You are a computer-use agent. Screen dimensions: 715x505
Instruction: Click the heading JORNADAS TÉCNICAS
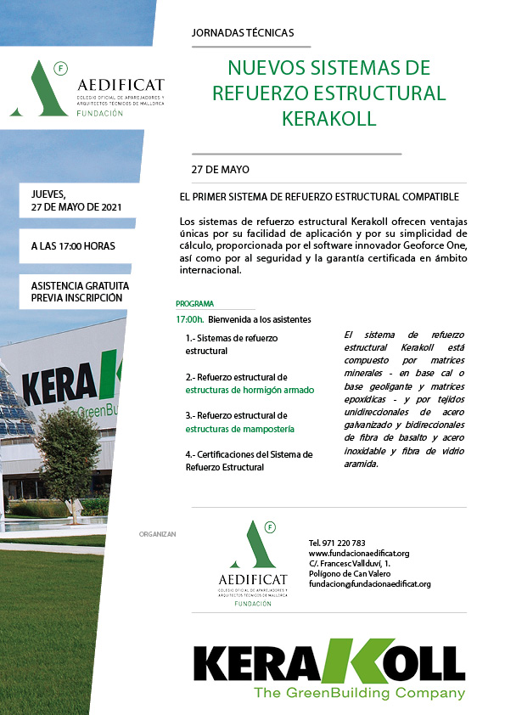click(243, 33)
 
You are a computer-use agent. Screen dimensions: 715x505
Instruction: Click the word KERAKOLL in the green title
click(328, 118)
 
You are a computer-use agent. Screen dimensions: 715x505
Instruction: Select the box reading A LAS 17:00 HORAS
click(73, 246)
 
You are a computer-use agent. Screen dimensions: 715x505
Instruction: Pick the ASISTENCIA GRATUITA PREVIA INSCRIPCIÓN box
click(76, 291)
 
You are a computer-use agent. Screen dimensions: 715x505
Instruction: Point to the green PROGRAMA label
click(194, 303)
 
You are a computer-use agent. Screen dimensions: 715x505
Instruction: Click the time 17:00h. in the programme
click(189, 319)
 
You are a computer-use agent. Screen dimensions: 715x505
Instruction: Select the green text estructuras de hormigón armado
click(250, 390)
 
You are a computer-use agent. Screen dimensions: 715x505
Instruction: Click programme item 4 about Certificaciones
click(249, 460)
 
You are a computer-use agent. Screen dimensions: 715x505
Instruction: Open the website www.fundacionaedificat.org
click(359, 554)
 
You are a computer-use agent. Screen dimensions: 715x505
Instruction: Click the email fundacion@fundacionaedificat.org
click(369, 584)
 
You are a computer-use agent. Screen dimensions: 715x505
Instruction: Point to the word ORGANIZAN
click(156, 534)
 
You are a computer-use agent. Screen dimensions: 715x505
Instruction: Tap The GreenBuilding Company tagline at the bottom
click(360, 693)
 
